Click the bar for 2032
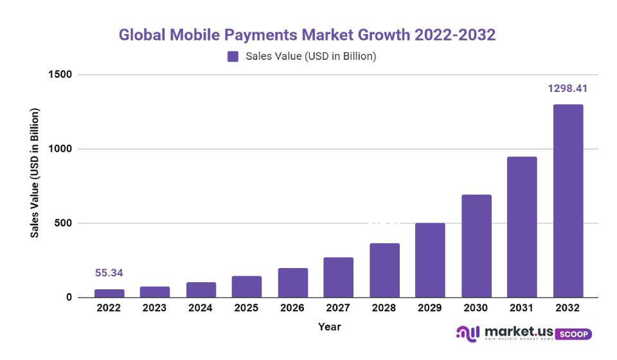(x=568, y=201)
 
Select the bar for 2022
(x=109, y=293)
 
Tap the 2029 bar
(x=430, y=260)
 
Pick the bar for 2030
(x=476, y=246)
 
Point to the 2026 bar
(x=292, y=283)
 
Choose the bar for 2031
(x=522, y=227)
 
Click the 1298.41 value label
(x=568, y=89)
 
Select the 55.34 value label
(x=109, y=273)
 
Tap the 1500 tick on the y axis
(x=60, y=75)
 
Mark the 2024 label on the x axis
(x=201, y=308)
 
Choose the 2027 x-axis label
(x=338, y=308)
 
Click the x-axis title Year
(x=330, y=327)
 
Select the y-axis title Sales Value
(x=35, y=173)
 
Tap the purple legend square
(x=233, y=57)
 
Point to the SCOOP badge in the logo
(x=573, y=334)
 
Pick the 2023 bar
(x=155, y=292)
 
